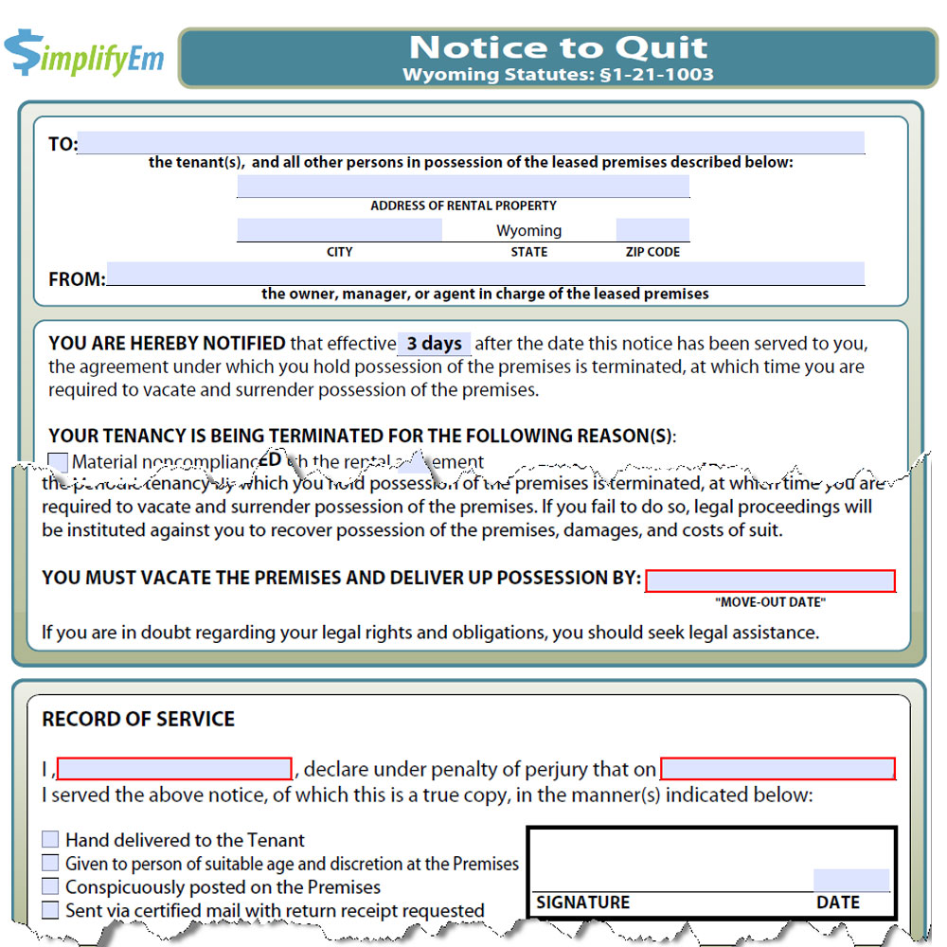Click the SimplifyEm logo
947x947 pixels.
click(x=83, y=54)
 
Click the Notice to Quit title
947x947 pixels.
click(x=558, y=47)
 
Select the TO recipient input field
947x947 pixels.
click(x=471, y=143)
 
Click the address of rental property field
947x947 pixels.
click(x=463, y=187)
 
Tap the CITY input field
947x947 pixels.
click(x=339, y=230)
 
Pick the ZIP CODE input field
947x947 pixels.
click(x=652, y=230)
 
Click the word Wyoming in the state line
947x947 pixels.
click(x=528, y=231)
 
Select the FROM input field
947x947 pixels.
click(x=485, y=274)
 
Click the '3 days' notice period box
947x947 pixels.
click(x=434, y=344)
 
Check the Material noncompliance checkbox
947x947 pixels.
click(x=58, y=462)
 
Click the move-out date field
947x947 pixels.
click(x=770, y=581)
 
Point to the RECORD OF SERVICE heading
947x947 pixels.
click(x=138, y=719)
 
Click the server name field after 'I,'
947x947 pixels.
click(x=174, y=769)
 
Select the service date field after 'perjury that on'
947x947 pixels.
click(x=777, y=769)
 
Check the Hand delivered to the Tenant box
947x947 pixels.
click(x=50, y=840)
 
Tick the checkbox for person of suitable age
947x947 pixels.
click(x=50, y=864)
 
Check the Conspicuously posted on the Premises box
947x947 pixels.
click(x=50, y=887)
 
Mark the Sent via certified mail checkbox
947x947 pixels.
click(x=50, y=911)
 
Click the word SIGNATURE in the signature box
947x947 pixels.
click(x=582, y=902)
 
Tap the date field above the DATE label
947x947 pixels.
click(x=851, y=880)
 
